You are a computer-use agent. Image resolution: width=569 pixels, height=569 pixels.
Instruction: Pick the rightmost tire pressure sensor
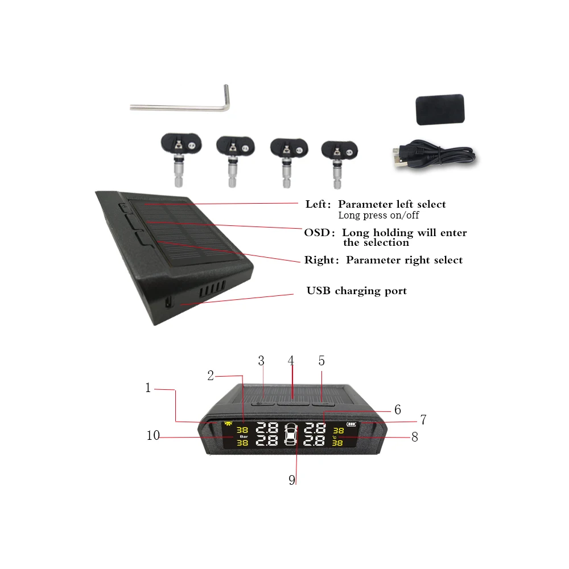[x=340, y=156]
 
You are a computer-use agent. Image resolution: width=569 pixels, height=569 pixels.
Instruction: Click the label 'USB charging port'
[x=357, y=291]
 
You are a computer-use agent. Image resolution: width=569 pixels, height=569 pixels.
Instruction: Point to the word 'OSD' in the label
[x=315, y=233]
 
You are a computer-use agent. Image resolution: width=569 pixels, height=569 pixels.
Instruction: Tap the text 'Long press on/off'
[x=378, y=216]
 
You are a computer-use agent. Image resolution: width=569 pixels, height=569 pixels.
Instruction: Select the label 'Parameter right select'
[x=404, y=260]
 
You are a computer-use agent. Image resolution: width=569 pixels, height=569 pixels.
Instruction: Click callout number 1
[x=149, y=388]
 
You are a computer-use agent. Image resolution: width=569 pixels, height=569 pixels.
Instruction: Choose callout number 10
[x=152, y=436]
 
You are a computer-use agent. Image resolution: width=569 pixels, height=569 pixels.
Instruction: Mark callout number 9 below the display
[x=292, y=480]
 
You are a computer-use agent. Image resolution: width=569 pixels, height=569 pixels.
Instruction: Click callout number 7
[x=423, y=420]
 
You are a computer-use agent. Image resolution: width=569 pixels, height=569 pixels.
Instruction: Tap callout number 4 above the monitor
[x=291, y=361]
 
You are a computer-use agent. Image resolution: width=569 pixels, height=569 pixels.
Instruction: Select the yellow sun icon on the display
[x=229, y=424]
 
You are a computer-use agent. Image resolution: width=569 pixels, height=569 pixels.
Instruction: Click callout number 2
[x=211, y=376]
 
